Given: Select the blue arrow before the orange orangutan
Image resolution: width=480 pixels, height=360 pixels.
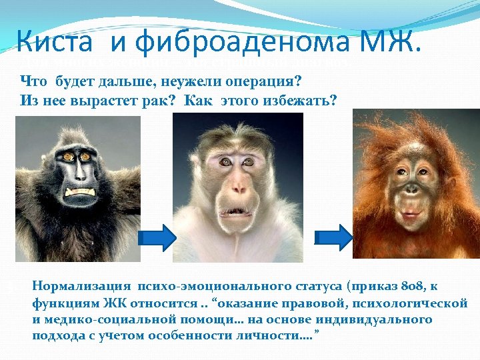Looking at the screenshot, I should (338, 237).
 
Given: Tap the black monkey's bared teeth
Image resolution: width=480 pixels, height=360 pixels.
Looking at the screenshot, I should (81, 191).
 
